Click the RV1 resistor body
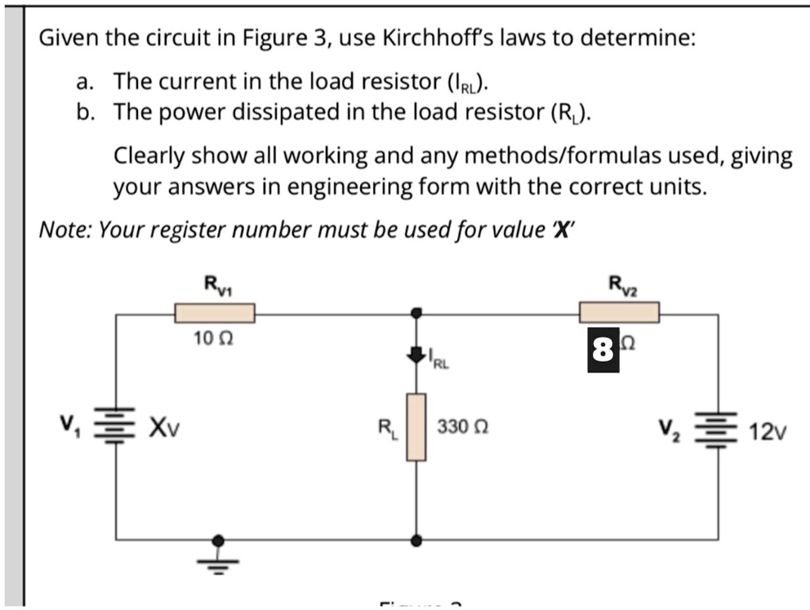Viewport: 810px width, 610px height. point(215,313)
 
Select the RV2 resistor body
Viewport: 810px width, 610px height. point(619,312)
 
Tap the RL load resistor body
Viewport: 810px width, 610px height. point(416,426)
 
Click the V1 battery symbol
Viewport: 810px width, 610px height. point(114,425)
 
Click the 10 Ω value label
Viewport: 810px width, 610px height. point(214,336)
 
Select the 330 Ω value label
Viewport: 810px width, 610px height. point(463,426)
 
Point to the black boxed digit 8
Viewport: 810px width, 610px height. point(603,350)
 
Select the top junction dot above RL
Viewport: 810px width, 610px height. point(416,313)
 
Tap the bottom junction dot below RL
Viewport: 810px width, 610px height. point(416,540)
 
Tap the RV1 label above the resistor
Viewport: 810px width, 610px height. point(216,285)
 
